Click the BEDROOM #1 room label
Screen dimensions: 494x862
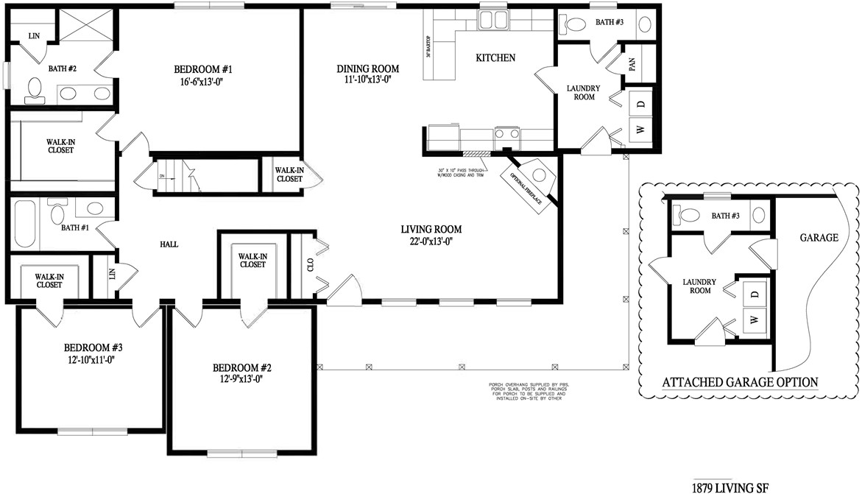click(x=202, y=70)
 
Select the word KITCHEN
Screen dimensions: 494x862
click(x=495, y=57)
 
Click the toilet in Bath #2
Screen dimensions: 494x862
click(x=33, y=89)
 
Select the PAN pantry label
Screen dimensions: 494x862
click(x=632, y=64)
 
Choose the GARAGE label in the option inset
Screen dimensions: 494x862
click(x=819, y=238)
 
